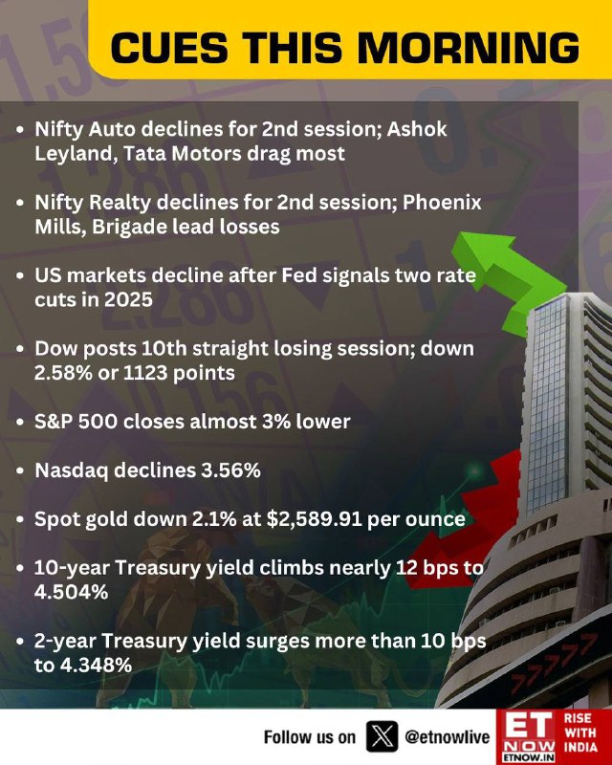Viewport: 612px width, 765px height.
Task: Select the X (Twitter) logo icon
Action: (x=382, y=736)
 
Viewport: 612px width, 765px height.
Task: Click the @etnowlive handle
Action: (x=447, y=736)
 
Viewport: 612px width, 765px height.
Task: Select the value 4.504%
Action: (x=72, y=592)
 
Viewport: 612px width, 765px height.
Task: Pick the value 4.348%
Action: (x=83, y=665)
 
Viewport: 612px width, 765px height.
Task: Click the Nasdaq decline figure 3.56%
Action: (x=230, y=470)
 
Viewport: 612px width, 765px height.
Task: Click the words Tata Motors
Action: (x=182, y=154)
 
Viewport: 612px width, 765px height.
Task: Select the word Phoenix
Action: (x=442, y=203)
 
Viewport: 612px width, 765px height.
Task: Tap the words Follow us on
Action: (x=310, y=736)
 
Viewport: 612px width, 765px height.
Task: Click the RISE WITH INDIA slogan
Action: (x=580, y=732)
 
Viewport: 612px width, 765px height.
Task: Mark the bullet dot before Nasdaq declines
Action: (x=20, y=471)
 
